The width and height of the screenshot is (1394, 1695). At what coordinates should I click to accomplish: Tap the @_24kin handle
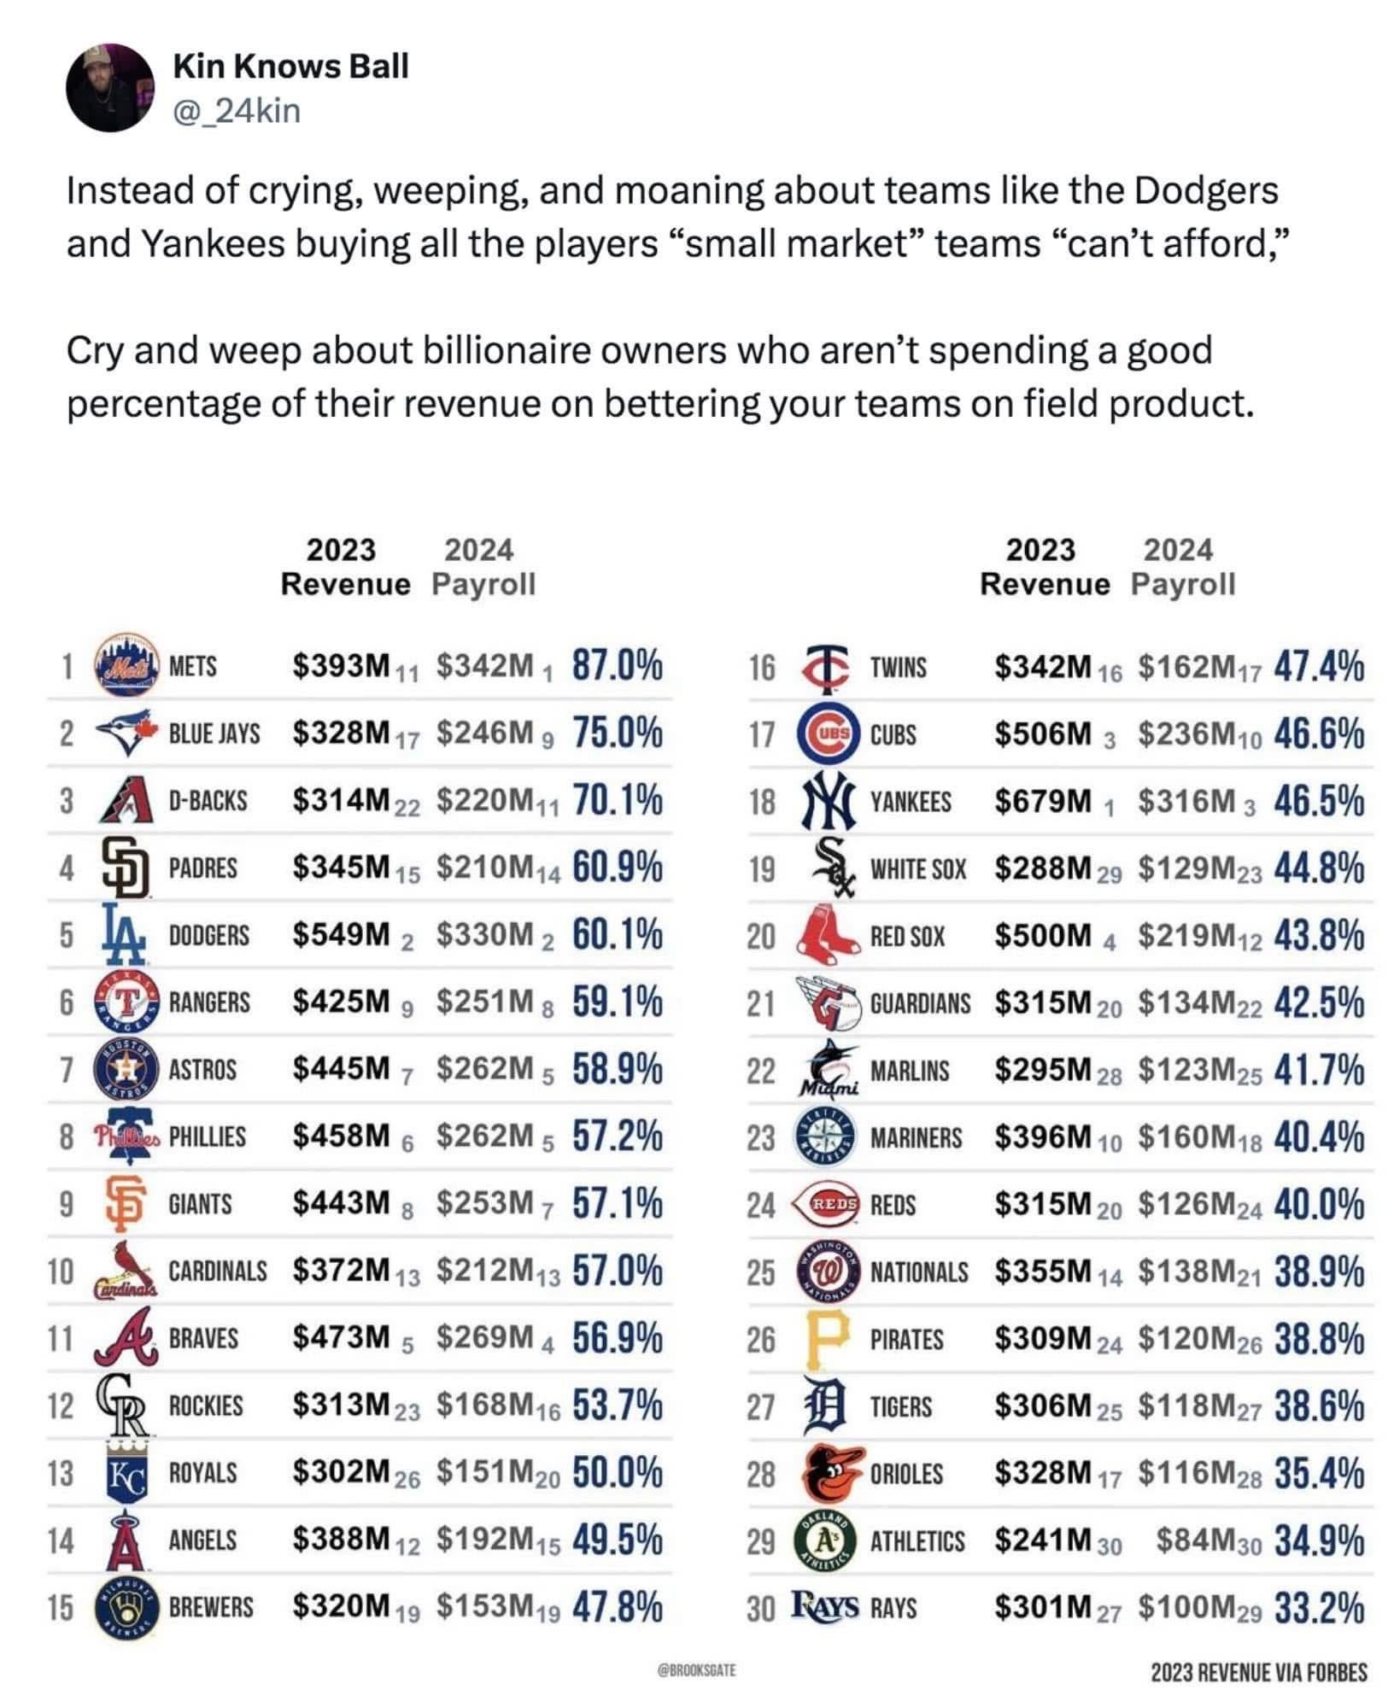(237, 111)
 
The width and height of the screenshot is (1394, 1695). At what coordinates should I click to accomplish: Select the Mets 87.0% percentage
(617, 666)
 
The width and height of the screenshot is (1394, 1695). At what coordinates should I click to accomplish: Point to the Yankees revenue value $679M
(1043, 801)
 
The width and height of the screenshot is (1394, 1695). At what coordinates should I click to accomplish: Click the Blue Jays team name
(214, 734)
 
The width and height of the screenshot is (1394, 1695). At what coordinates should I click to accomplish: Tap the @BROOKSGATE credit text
(696, 1669)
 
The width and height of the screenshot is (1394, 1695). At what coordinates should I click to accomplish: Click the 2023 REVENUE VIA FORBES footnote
(1258, 1671)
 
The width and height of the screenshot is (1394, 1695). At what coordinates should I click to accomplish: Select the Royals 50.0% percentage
(617, 1473)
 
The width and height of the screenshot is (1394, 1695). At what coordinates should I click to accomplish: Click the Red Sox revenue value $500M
(1043, 936)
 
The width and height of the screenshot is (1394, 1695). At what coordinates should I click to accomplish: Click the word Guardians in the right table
(920, 1003)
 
